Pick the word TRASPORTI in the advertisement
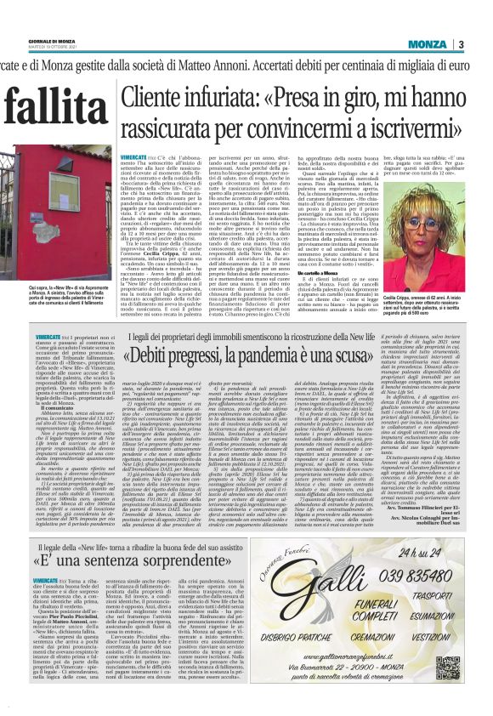pos(429,595)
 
